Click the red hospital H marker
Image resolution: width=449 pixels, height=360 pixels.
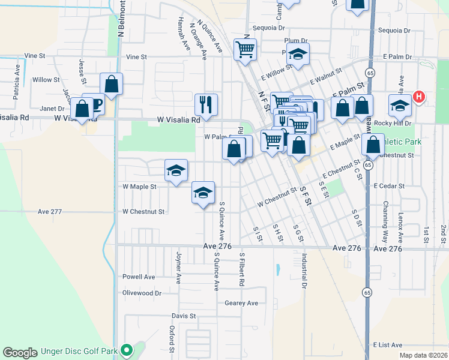pyautogui.click(x=420, y=96)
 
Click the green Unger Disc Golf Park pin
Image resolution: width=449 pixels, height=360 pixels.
pyautogui.click(x=126, y=349)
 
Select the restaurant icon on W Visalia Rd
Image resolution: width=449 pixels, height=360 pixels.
pyautogui.click(x=206, y=104)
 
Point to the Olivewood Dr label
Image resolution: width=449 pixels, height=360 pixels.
pyautogui.click(x=142, y=293)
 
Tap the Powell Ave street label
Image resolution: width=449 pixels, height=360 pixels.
pyautogui.click(x=139, y=277)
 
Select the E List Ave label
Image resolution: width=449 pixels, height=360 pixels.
pyautogui.click(x=387, y=346)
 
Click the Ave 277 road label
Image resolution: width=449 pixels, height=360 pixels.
pyautogui.click(x=50, y=212)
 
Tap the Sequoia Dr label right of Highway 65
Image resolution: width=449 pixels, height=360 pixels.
pyautogui.click(x=394, y=31)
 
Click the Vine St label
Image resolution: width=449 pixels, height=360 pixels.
pyautogui.click(x=35, y=56)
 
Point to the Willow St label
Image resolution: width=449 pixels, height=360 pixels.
pyautogui.click(x=46, y=80)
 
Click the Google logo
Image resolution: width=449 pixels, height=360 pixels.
pyautogui.click(x=20, y=352)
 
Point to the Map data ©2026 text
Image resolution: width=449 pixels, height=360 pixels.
pyautogui.click(x=423, y=355)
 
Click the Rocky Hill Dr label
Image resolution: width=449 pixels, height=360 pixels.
pyautogui.click(x=392, y=123)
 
